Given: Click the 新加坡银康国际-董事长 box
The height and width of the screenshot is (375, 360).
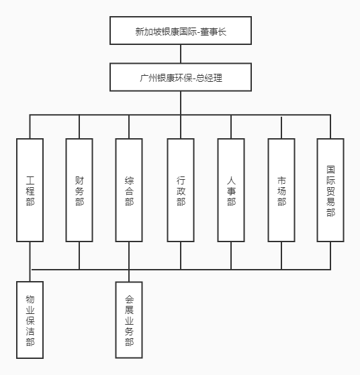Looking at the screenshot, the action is point(181,31).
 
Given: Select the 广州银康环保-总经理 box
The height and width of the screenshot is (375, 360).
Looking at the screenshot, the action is point(181,77).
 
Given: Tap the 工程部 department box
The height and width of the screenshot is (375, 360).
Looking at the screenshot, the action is point(30,190).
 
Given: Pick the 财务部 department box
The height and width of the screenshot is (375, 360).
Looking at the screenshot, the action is point(79,190).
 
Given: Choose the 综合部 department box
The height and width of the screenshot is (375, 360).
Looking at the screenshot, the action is point(129,190).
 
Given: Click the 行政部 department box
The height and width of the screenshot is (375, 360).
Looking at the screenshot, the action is point(181,190).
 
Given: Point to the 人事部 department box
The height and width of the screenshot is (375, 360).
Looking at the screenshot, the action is point(231,190).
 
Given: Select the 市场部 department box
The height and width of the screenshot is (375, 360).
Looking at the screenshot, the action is point(281,190).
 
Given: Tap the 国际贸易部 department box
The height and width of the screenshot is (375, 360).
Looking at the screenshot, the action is point(330,190).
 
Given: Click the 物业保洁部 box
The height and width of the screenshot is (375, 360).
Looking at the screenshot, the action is point(30,320).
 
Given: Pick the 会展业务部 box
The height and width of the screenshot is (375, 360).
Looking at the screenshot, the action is point(129,320).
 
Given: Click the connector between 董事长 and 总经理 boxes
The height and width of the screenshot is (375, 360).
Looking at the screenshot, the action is point(181,54).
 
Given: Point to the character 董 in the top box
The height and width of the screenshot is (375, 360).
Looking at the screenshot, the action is point(204,32).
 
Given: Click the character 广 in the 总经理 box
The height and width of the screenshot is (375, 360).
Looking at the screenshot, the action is point(144,78).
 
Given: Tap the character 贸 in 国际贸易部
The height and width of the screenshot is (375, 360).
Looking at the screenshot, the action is point(330,191).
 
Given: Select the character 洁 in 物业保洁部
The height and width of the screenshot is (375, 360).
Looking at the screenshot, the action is point(30,331).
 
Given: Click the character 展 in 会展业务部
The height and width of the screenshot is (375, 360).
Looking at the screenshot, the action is point(129,309).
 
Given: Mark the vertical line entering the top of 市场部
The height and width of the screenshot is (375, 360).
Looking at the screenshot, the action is point(281,127).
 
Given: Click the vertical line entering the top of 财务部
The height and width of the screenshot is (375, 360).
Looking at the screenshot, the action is point(79,127).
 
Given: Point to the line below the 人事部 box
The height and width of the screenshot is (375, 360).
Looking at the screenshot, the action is point(231,256).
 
